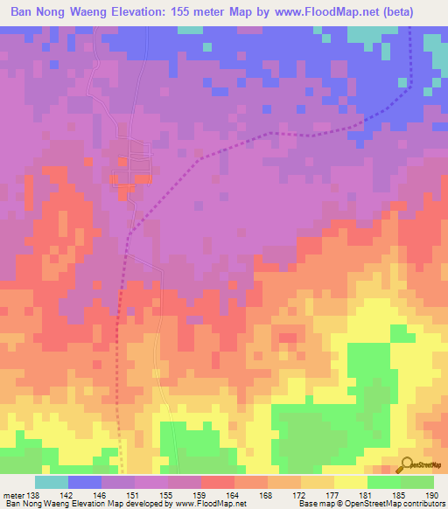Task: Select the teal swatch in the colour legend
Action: [52, 482]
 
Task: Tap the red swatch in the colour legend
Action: [218, 482]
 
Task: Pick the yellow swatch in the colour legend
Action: [351, 482]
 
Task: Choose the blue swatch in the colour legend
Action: [85, 482]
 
